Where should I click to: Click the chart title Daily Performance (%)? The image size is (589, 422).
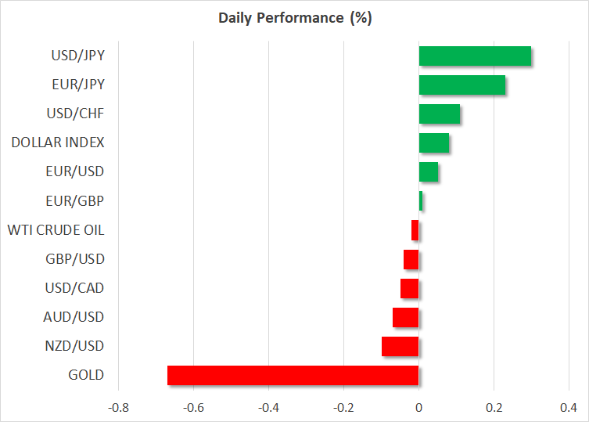coord(294,18)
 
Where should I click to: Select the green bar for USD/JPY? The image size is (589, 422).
coord(475,56)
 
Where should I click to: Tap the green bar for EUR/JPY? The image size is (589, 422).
coord(462,85)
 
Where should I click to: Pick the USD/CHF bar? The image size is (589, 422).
coord(439,114)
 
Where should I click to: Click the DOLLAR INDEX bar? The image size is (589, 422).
coord(434,143)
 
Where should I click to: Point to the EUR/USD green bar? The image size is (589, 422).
coord(429,172)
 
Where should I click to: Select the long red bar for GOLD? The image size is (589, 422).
coord(293,375)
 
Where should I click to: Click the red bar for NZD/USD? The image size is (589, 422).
coord(400,346)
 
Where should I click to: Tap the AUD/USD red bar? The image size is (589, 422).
coord(406,317)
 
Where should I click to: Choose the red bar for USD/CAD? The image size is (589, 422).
coord(410,288)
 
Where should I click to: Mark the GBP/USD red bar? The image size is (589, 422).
coord(411,259)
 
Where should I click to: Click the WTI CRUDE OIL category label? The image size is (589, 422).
coord(56,230)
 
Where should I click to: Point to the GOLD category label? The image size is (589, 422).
coord(86,375)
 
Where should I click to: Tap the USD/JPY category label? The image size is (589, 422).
coord(77,56)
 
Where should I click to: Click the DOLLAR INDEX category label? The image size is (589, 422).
coord(58,143)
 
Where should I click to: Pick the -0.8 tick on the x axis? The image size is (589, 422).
coord(118,407)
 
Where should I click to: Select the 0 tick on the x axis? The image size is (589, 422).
coord(419,407)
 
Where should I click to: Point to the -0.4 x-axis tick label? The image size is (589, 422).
coord(268,407)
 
